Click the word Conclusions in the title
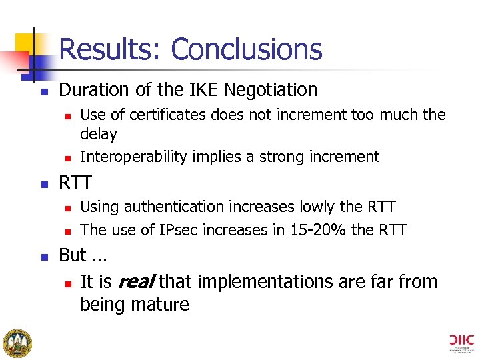click(246, 49)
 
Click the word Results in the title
click(109, 49)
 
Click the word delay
click(98, 134)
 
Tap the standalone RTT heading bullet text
click(75, 182)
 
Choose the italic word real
click(136, 281)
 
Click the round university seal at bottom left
click(17, 343)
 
